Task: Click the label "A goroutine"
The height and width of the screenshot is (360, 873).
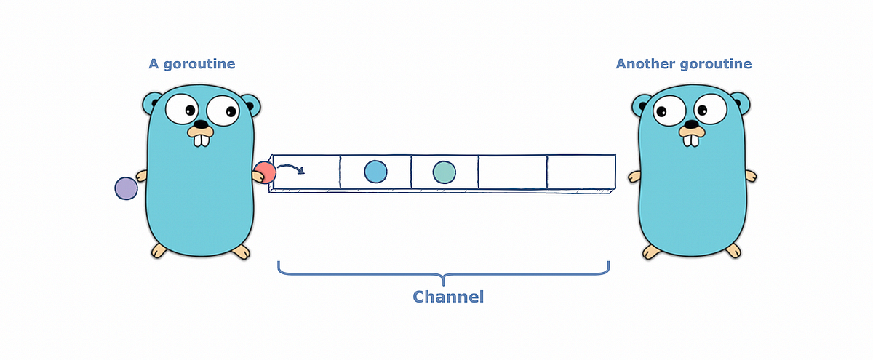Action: [x=192, y=64]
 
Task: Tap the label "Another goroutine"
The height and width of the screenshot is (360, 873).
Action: [x=683, y=64]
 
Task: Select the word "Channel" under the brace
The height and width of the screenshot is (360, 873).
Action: [x=448, y=297]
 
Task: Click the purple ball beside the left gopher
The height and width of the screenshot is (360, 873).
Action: [x=126, y=188]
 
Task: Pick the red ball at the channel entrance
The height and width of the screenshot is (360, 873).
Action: [x=265, y=172]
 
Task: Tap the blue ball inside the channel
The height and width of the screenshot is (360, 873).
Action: [x=375, y=172]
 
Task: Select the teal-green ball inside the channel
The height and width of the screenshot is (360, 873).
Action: [x=444, y=172]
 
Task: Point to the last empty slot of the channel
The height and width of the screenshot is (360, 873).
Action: [x=580, y=172]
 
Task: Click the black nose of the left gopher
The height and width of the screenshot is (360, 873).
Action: [x=198, y=124]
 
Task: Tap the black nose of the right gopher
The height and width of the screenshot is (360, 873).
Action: [x=688, y=124]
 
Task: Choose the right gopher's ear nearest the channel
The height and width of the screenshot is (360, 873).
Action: [x=643, y=106]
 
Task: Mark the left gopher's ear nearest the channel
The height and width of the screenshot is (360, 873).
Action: [x=252, y=105]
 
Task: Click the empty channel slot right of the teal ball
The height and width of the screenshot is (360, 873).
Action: [x=512, y=172]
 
